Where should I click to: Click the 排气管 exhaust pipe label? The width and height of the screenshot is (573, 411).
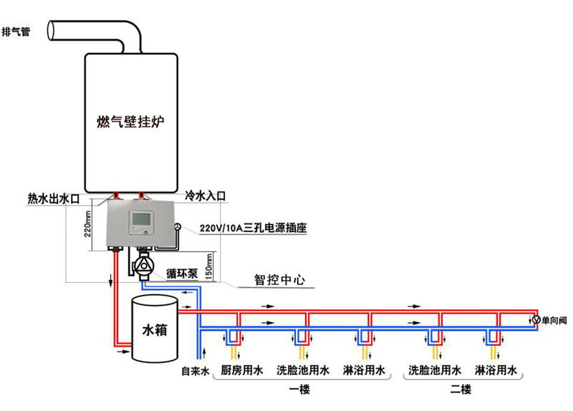click(16, 32)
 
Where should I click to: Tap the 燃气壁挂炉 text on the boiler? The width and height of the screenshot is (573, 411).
click(130, 121)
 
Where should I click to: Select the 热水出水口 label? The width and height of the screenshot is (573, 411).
click(54, 199)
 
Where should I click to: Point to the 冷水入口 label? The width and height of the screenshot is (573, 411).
click(205, 195)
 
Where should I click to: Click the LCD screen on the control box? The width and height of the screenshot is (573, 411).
click(140, 219)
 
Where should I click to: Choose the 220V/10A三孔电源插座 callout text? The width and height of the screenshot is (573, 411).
click(253, 228)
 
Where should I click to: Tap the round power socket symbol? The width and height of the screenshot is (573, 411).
click(178, 227)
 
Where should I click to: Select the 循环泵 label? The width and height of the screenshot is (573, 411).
click(182, 274)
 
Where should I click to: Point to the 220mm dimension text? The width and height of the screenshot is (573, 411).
click(87, 224)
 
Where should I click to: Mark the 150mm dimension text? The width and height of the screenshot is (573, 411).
click(209, 266)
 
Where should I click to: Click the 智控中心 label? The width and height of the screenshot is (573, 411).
click(279, 280)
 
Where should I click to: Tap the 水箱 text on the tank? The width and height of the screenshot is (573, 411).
click(155, 330)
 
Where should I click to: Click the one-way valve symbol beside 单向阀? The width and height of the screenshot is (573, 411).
click(536, 319)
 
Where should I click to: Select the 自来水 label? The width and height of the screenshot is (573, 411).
click(195, 372)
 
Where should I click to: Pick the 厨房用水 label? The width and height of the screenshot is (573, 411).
click(242, 370)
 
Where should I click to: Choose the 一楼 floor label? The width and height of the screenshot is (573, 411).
click(299, 390)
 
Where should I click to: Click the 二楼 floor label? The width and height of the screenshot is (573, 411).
click(461, 390)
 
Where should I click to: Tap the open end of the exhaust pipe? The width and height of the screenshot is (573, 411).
click(52, 30)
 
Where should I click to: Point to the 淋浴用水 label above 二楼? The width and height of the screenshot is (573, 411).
click(496, 370)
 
